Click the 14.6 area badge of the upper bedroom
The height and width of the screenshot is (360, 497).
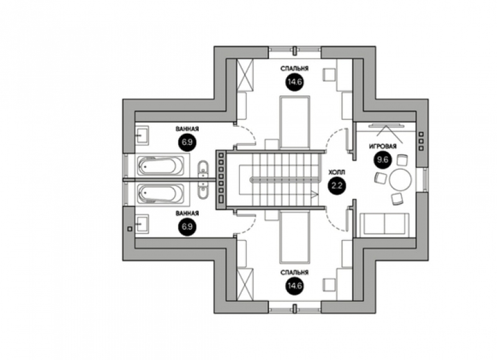(294, 82)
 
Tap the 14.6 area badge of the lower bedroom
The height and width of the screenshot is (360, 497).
(294, 286)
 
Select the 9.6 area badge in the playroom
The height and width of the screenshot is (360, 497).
(383, 160)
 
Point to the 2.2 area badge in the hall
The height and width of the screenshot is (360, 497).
(337, 185)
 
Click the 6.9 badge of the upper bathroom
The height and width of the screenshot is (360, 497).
(188, 142)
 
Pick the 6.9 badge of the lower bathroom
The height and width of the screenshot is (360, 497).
(188, 227)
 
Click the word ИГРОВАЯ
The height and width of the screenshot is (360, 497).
(383, 146)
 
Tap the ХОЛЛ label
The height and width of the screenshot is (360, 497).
(337, 173)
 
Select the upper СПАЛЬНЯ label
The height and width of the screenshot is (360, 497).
(294, 68)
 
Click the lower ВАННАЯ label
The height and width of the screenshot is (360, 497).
(188, 213)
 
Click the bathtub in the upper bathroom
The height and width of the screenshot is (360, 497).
(161, 165)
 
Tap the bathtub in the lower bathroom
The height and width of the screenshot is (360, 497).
(161, 193)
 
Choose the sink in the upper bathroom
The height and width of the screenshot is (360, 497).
(142, 136)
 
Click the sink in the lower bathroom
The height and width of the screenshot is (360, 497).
(142, 224)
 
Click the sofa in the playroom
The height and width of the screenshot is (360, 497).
(385, 224)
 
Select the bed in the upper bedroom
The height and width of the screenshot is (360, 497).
(294, 122)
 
